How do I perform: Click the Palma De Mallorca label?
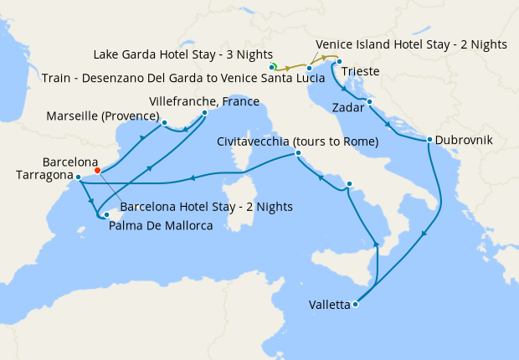[160, 225]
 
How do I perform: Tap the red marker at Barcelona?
[98, 170]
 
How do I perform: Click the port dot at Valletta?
[356, 304]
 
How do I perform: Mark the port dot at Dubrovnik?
[429, 140]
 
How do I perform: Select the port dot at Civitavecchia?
[298, 153]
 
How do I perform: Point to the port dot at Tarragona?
[77, 177]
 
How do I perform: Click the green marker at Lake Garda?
[273, 65]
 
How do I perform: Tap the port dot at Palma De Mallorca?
[106, 215]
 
